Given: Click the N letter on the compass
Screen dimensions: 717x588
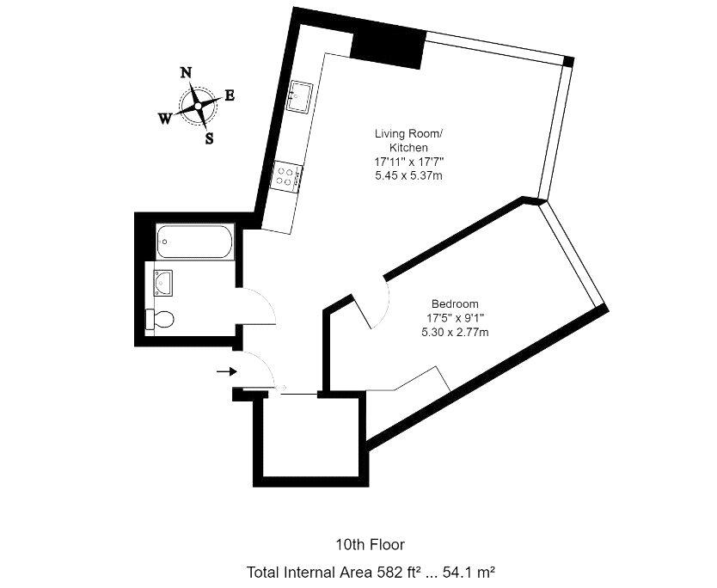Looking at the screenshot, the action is [x=185, y=73].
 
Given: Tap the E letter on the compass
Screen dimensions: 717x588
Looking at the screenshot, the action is [x=230, y=95].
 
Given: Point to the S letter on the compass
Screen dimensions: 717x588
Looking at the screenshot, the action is [x=209, y=138].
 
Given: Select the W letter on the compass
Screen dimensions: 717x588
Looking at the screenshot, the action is [x=165, y=119].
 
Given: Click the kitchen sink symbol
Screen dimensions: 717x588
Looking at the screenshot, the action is [x=299, y=95].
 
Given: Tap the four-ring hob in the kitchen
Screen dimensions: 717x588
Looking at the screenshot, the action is [x=286, y=177].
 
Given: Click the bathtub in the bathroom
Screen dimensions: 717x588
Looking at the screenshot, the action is [x=195, y=242].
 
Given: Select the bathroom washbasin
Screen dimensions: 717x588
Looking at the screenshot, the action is [x=162, y=283].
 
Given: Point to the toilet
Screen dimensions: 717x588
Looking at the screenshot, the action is [x=159, y=319].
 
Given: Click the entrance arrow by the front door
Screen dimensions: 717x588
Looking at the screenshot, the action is [x=226, y=371].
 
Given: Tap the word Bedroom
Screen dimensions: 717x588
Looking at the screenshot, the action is [x=455, y=304].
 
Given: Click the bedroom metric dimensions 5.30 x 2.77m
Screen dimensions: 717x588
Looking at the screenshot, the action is [x=455, y=333].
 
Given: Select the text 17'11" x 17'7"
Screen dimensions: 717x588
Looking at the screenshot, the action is [x=409, y=162].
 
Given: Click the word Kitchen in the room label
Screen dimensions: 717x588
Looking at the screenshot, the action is [x=409, y=148].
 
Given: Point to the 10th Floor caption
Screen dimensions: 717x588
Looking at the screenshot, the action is [x=371, y=545].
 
